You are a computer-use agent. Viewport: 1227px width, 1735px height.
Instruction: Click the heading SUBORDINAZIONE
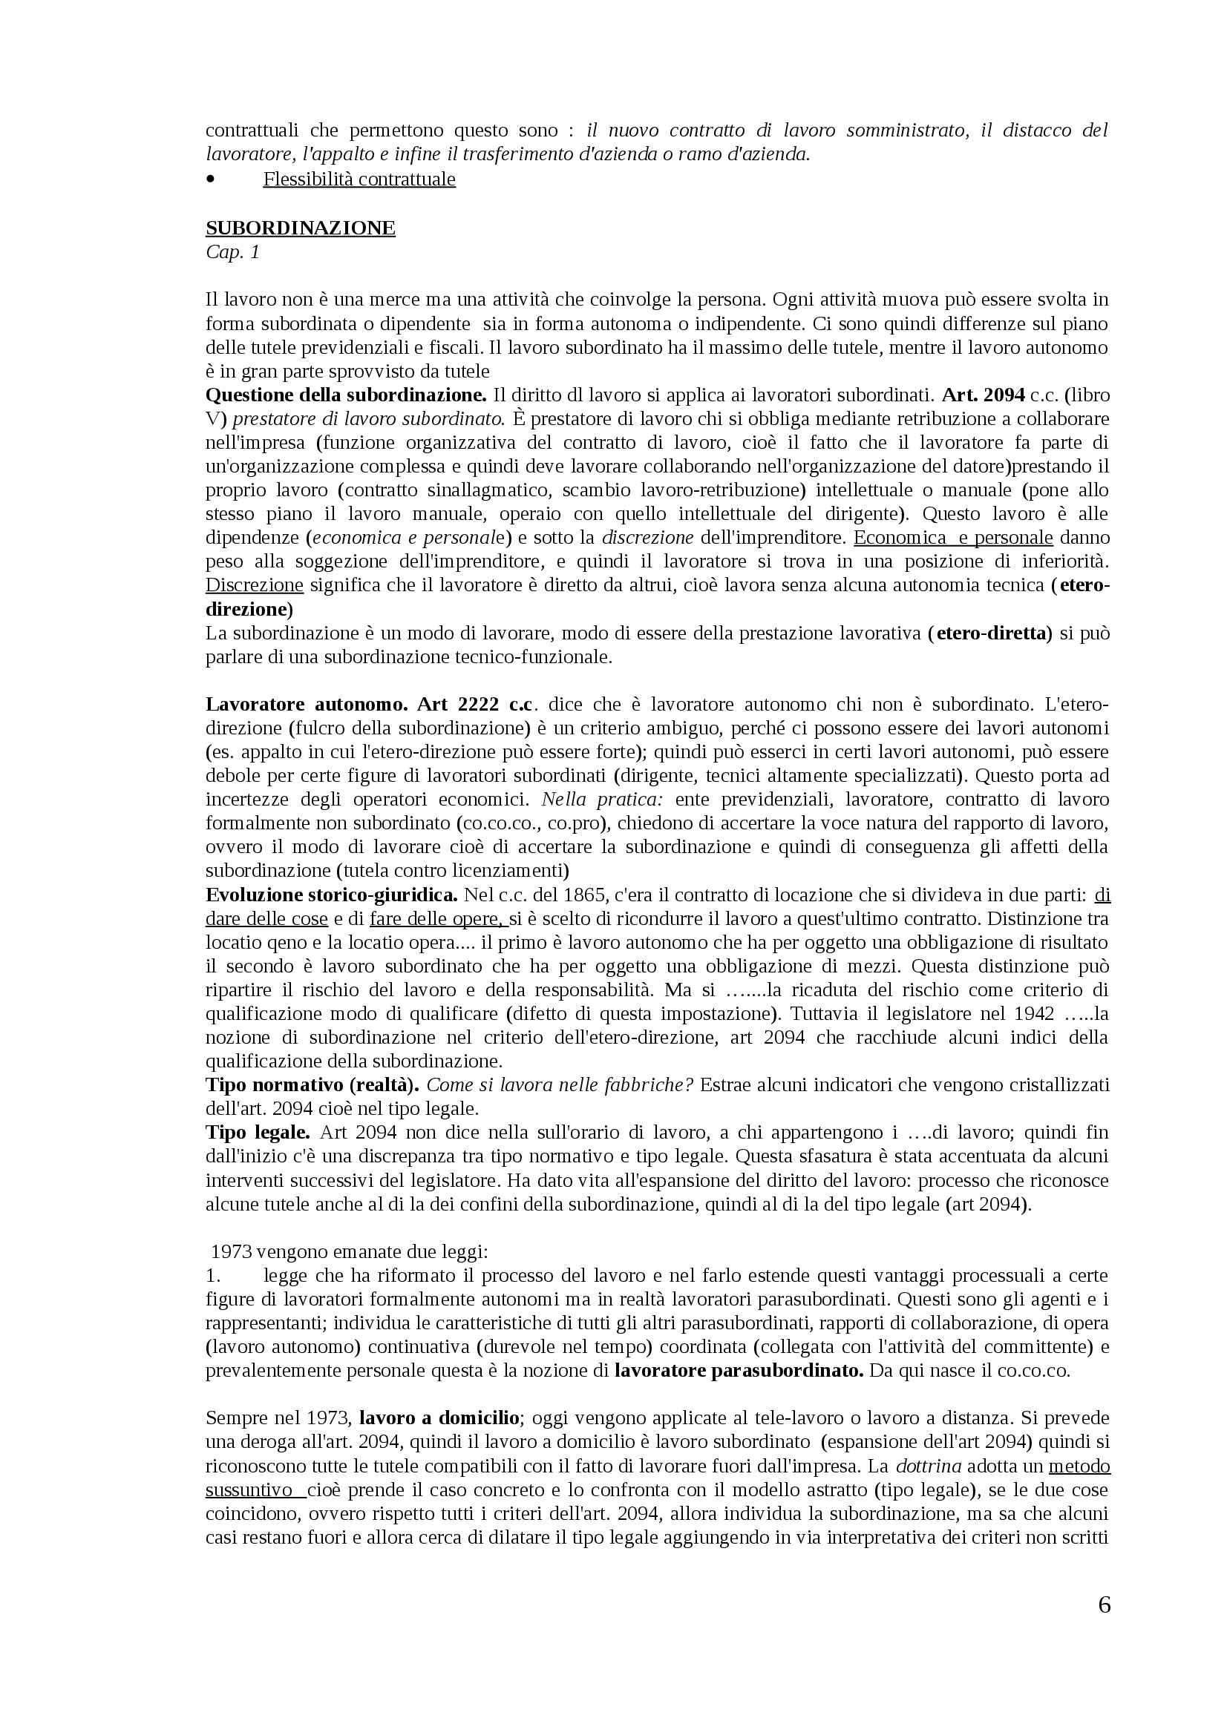coord(300,228)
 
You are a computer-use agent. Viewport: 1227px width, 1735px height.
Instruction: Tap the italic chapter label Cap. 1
coord(232,252)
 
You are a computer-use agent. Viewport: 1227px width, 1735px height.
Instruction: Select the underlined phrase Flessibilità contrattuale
coord(359,180)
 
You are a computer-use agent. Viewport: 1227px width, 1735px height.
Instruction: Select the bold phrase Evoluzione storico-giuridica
coord(331,895)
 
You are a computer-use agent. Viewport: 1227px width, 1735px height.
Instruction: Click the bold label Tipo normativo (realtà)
coord(313,1085)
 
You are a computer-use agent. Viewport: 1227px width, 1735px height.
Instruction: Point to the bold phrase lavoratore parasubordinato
coord(739,1371)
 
